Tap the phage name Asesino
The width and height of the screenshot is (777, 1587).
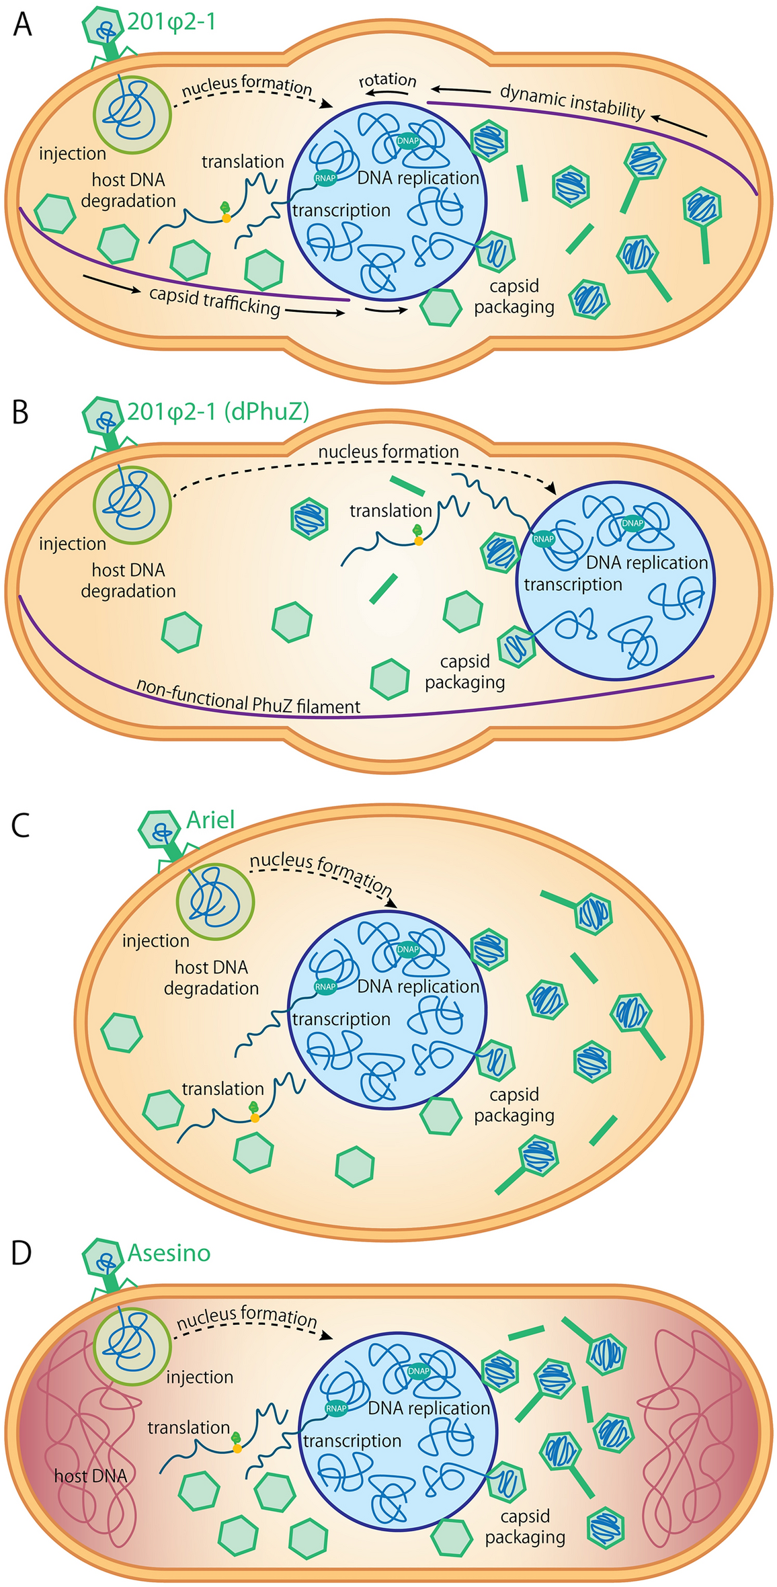pos(169,1253)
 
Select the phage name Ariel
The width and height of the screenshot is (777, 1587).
pos(210,819)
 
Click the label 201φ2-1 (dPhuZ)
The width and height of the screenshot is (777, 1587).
pos(218,411)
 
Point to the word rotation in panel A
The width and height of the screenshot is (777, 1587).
pos(387,81)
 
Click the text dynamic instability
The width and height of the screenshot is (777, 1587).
pos(572,101)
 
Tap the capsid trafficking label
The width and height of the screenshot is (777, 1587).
pos(214,301)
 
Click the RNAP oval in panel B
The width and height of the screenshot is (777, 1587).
pos(543,538)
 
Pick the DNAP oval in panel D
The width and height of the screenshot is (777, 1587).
pos(418,1371)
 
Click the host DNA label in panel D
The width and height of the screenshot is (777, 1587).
pos(90,1476)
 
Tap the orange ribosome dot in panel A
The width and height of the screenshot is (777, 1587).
pos(227,218)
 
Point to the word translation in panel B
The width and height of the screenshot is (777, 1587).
pos(391,511)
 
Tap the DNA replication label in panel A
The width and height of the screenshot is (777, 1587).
pos(418,178)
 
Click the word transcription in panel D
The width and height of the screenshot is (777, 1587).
pos(352,1440)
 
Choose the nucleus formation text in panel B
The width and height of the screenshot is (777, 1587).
pos(388,452)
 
